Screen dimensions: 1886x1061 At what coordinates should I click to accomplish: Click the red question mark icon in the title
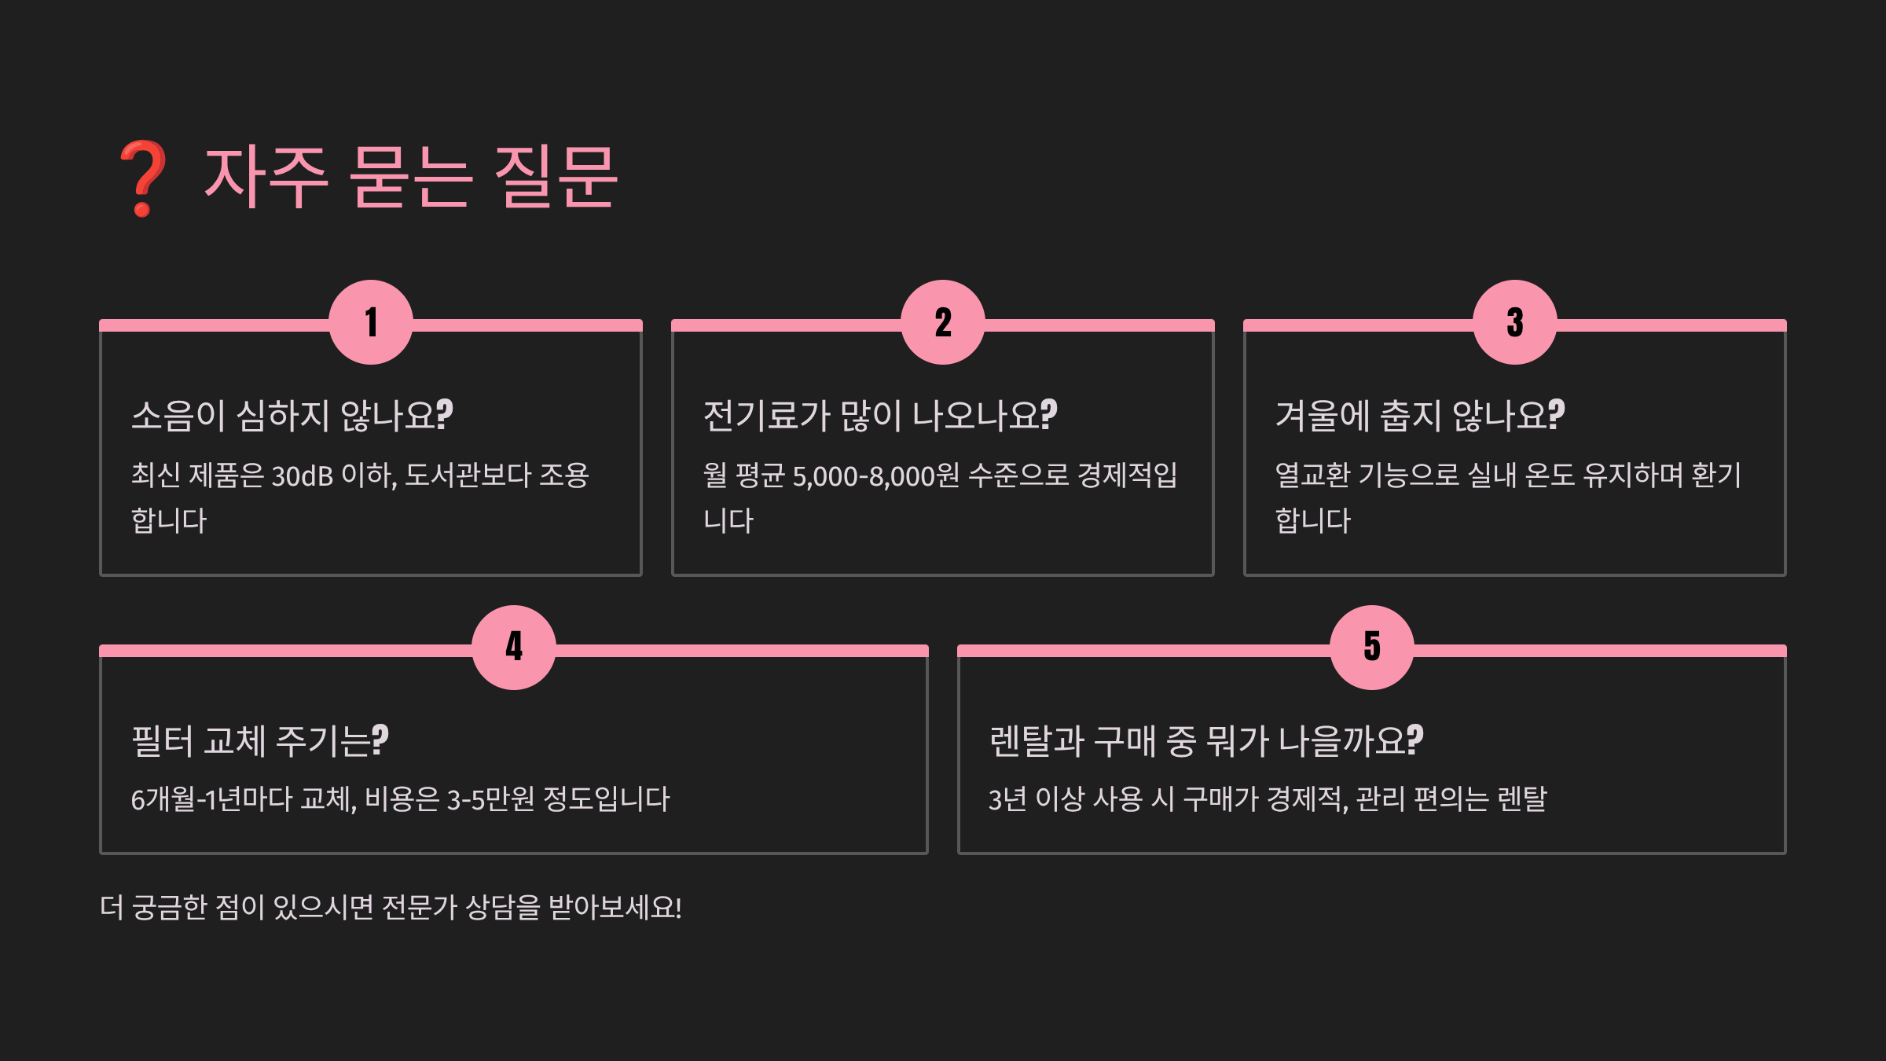click(x=142, y=178)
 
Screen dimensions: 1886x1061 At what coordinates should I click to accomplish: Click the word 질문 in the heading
click(x=556, y=177)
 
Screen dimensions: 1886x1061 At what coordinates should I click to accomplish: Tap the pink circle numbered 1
click(x=371, y=322)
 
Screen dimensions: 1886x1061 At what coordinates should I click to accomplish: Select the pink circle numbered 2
click(x=943, y=322)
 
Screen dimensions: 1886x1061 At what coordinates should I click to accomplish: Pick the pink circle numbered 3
click(x=1515, y=322)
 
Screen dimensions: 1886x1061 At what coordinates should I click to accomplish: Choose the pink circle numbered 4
click(x=514, y=648)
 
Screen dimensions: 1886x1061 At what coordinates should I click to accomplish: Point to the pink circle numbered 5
click(x=1372, y=648)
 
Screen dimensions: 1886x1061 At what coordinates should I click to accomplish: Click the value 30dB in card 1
click(x=303, y=475)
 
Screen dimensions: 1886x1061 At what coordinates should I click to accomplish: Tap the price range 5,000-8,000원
click(x=876, y=475)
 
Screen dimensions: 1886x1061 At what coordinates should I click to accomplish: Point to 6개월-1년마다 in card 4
click(x=211, y=799)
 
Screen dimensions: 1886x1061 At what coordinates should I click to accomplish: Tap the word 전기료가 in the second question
click(x=766, y=416)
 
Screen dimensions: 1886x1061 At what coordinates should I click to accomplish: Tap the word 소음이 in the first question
click(x=178, y=416)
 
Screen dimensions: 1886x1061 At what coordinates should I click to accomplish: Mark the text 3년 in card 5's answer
click(x=1007, y=799)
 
